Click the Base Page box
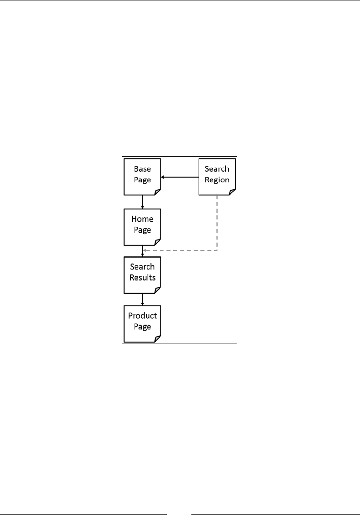point(142,177)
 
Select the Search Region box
point(217,177)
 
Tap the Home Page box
point(142,225)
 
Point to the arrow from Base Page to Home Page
point(142,202)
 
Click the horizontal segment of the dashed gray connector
point(182,250)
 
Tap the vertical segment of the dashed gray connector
point(217,223)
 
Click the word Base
point(142,169)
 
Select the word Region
point(217,180)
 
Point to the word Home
point(142,219)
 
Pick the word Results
point(142,277)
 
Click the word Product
point(142,316)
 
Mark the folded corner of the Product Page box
point(157,339)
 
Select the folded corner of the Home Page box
point(157,241)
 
